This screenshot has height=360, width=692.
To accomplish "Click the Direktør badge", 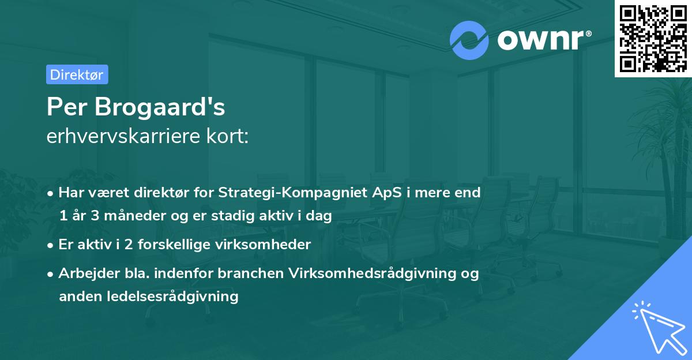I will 77,74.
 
